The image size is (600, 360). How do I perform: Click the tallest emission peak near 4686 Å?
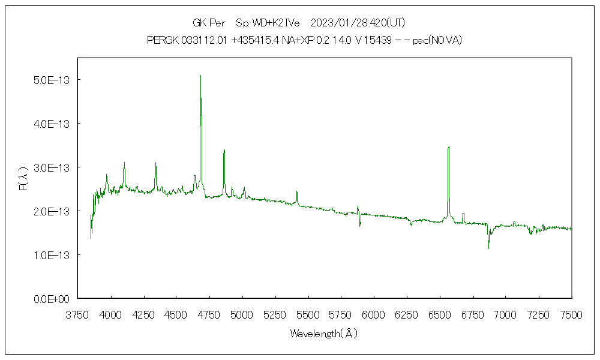(x=200, y=76)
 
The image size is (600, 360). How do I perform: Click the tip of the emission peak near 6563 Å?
(x=448, y=146)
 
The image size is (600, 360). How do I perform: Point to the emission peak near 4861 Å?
(x=224, y=150)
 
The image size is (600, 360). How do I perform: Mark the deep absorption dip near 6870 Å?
(x=488, y=248)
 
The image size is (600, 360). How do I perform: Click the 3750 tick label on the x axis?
(x=78, y=314)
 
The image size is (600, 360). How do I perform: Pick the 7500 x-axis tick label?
(x=571, y=314)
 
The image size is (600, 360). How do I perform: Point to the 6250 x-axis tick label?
(x=407, y=314)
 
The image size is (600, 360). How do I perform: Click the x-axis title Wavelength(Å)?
(x=324, y=334)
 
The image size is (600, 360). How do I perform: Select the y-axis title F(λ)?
(x=23, y=179)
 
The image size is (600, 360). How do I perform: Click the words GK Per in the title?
(x=209, y=23)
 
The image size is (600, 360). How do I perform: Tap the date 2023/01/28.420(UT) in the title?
(x=358, y=23)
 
